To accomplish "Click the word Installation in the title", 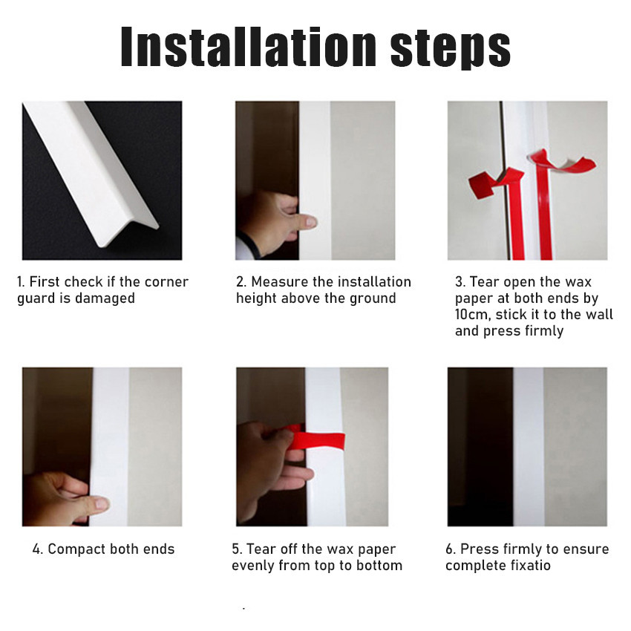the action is coord(248,46).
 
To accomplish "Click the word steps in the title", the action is coord(451,49).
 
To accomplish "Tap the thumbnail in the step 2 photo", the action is coord(310,221).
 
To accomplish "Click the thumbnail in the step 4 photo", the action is coord(102,503).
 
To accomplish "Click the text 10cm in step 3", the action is coord(473,314).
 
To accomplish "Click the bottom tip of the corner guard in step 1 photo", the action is coord(99,245).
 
